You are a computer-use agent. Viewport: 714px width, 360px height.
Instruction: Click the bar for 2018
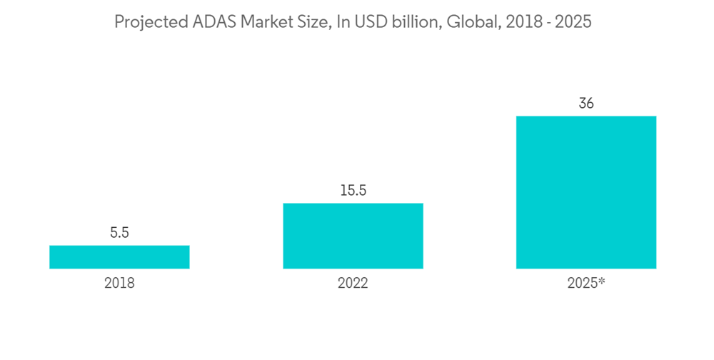pyautogui.click(x=119, y=257)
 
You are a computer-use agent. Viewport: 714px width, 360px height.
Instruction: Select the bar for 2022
pyautogui.click(x=353, y=236)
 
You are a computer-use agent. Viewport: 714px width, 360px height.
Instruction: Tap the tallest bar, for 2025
pyautogui.click(x=585, y=192)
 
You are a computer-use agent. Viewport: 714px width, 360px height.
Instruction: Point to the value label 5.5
pyautogui.click(x=119, y=233)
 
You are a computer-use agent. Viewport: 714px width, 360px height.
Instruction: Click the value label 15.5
pyautogui.click(x=353, y=191)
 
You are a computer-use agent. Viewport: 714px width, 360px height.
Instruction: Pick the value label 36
pyautogui.click(x=585, y=104)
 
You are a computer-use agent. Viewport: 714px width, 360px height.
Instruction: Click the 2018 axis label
pyautogui.click(x=119, y=283)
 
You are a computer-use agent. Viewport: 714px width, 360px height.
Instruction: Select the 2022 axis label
pyautogui.click(x=353, y=283)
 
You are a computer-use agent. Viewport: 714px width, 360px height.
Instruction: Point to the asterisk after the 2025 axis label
pyautogui.click(x=602, y=281)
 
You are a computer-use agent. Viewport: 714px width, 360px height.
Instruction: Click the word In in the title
pyautogui.click(x=339, y=22)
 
